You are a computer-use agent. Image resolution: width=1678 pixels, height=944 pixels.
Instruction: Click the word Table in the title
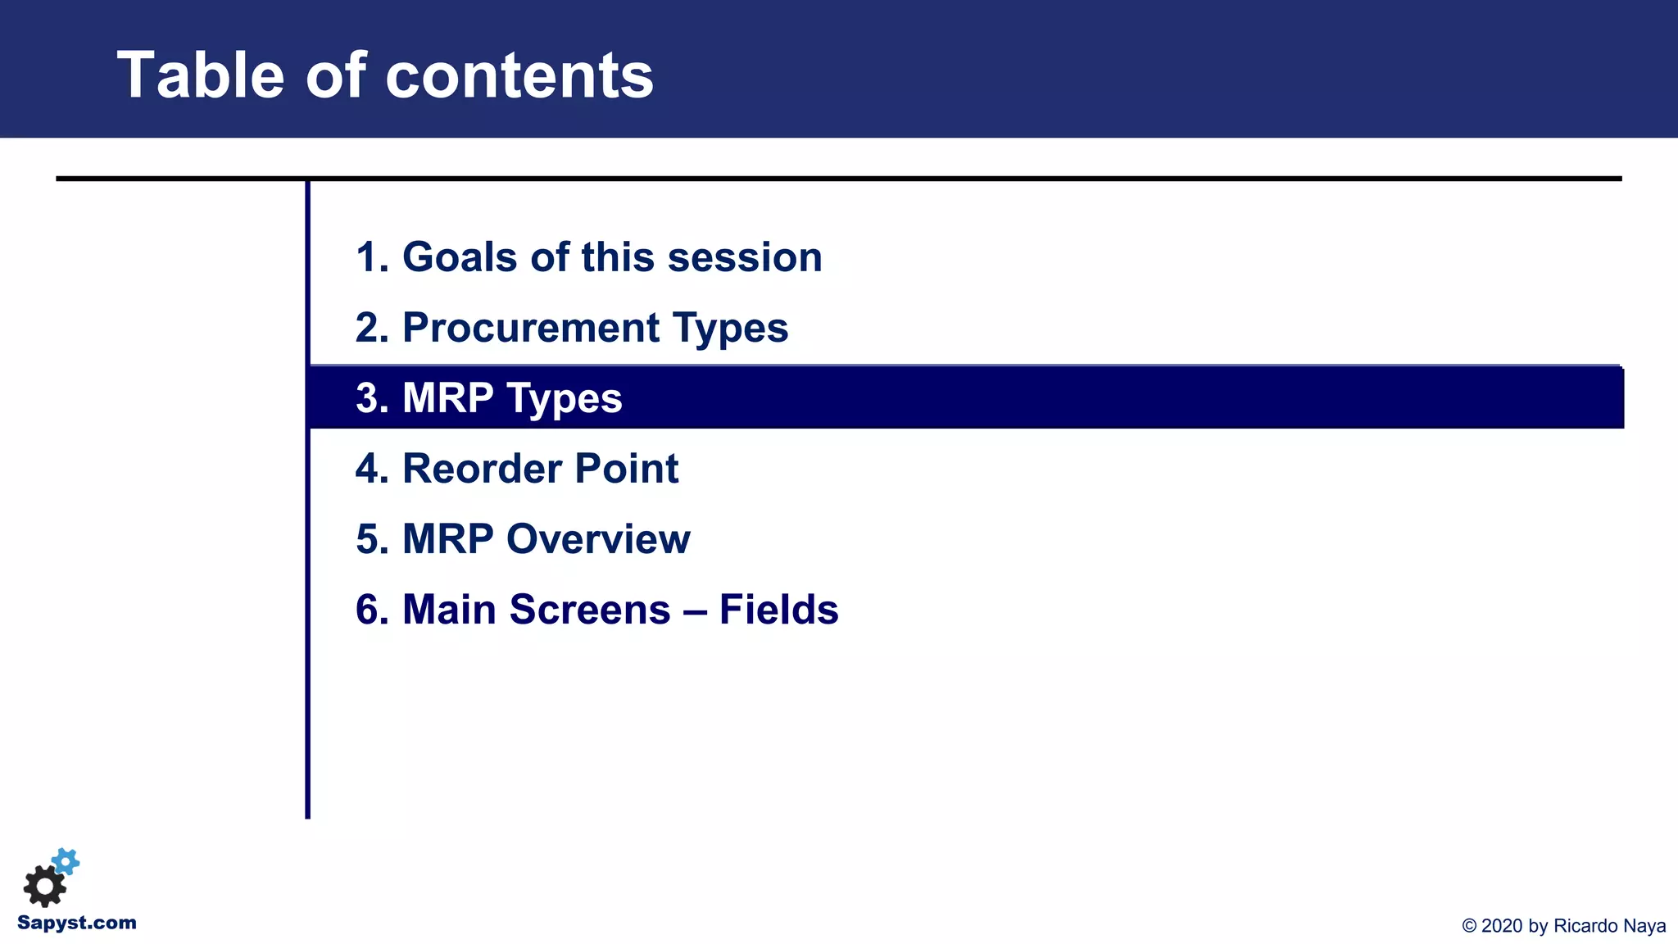pos(201,75)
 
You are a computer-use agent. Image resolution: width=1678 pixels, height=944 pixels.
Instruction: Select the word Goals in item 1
pos(461,257)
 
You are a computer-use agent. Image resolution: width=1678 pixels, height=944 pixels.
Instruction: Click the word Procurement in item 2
pos(531,328)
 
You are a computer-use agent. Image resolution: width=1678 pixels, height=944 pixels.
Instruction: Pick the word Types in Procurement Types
pos(730,328)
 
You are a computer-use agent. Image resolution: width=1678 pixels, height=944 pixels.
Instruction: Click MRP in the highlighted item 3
pos(447,398)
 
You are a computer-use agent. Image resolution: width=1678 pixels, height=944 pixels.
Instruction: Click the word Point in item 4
pos(627,469)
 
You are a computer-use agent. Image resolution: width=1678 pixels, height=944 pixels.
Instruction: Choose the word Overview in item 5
pos(598,539)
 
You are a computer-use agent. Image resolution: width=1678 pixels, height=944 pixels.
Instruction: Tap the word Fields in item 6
pos(778,610)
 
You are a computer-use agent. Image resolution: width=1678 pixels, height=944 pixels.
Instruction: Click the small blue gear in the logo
pos(66,861)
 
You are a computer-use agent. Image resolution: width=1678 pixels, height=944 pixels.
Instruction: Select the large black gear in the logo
pos(44,886)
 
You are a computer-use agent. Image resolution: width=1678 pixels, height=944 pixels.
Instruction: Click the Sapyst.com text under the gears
pos(77,923)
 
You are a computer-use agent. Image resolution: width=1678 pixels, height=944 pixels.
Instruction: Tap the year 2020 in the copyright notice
pos(1502,926)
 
